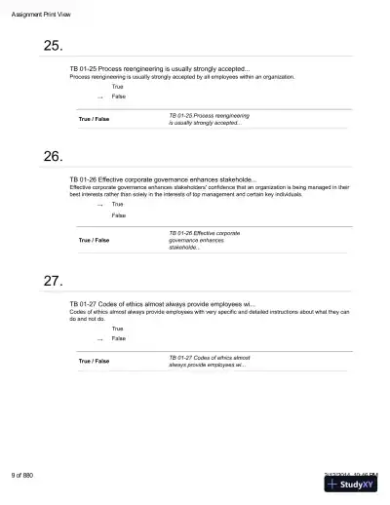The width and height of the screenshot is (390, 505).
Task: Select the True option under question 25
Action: (117, 88)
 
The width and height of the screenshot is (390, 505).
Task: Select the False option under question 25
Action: (118, 97)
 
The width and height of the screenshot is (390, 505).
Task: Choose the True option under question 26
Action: (117, 205)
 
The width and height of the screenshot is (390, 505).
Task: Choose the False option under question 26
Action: (118, 214)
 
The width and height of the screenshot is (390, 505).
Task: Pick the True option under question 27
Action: (117, 329)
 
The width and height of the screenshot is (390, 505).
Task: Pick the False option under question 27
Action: (118, 338)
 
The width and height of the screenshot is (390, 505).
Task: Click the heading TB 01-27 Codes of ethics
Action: (160, 304)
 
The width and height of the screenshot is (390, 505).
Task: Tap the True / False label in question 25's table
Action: (94, 119)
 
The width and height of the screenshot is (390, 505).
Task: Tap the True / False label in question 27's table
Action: (94, 361)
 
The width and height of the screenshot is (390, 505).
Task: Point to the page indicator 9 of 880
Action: (22, 474)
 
